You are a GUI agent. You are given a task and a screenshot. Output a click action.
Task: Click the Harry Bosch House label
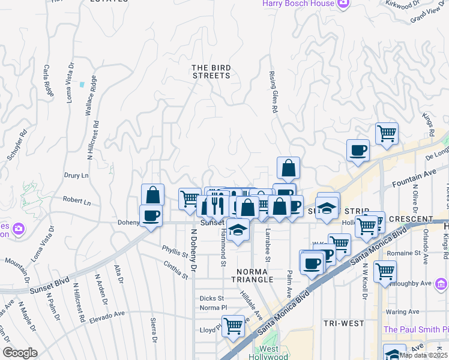(299, 4)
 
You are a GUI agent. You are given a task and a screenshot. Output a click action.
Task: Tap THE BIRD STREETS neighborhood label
(211, 71)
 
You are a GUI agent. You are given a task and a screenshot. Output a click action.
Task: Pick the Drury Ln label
(76, 176)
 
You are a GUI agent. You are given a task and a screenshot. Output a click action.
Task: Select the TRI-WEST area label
(344, 323)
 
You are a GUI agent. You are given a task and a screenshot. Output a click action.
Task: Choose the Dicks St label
(211, 298)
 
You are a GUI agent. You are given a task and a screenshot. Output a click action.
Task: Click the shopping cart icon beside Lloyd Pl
(233, 326)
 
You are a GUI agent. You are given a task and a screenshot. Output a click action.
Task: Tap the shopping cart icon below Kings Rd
(387, 133)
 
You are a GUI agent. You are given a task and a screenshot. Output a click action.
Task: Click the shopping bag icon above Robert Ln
(153, 194)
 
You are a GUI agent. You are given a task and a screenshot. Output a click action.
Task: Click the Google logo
(20, 353)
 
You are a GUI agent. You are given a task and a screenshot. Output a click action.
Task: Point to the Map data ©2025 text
(423, 355)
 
